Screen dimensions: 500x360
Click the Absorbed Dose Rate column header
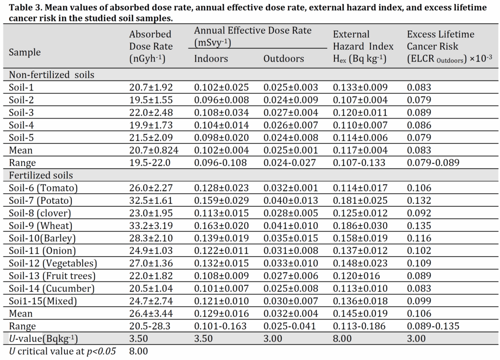pos(151,46)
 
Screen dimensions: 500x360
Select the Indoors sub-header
pos(211,59)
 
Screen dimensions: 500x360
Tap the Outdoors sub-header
pos(284,59)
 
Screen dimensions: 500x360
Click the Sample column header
pos(25,52)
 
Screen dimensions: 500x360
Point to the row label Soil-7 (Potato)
pos(41,200)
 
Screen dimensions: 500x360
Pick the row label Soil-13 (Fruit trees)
pos(52,276)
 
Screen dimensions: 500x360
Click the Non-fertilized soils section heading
pos(52,75)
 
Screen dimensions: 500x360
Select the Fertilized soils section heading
pos(41,175)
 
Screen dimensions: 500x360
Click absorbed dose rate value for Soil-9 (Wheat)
pos(151,226)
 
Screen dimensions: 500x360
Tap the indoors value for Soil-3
pos(221,113)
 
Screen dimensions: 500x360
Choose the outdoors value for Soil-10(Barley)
pos(291,239)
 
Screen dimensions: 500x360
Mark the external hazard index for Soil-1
pos(360,88)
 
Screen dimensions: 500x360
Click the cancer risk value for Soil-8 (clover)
pos(419,213)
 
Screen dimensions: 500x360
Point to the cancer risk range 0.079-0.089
pos(433,163)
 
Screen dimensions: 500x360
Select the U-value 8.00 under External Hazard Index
pos(342,339)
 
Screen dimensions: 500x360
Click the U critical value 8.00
pos(138,351)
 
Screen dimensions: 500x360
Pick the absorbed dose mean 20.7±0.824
pos(154,150)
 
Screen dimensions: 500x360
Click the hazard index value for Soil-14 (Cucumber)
pos(360,289)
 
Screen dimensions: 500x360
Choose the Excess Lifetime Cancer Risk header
pos(449,46)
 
